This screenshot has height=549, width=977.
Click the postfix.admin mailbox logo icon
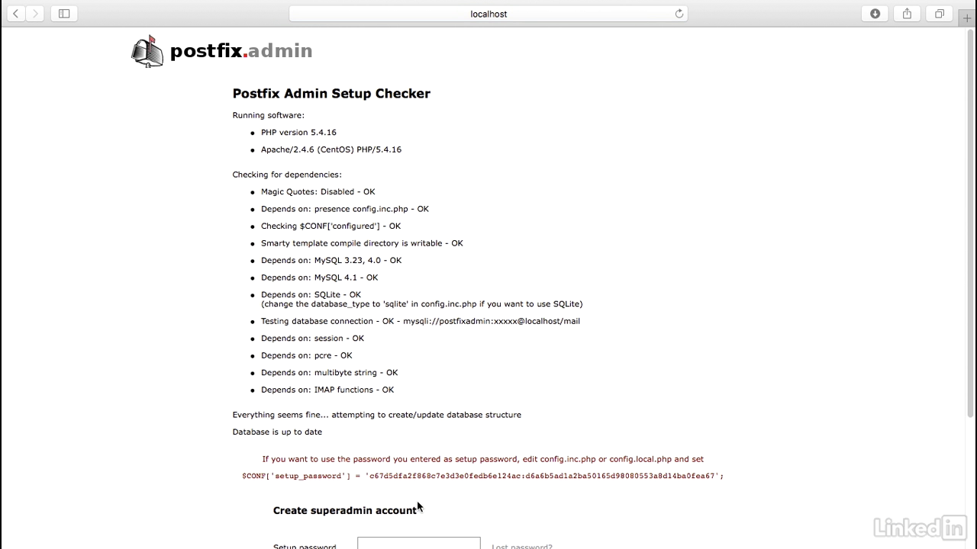pos(147,51)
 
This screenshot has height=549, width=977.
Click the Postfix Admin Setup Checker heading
pos(331,94)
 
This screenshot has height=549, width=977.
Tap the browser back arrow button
pos(15,14)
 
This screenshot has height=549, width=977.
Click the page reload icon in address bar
pos(679,14)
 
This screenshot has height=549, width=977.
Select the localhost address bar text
pos(488,14)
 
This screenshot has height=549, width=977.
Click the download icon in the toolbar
pos(875,14)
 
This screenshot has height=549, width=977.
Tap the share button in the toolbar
pos(907,14)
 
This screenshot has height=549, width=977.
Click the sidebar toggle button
pos(64,14)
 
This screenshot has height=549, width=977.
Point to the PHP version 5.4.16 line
pos(298,133)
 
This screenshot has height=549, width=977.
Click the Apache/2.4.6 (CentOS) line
pos(331,149)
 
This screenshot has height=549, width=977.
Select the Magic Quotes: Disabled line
pos(318,192)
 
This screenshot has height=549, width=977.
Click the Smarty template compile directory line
pos(362,243)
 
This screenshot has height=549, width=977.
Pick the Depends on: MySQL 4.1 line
pos(319,278)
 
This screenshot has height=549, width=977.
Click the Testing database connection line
pos(420,322)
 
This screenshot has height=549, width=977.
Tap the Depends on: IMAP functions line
pos(327,390)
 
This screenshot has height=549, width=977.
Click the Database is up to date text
pos(277,432)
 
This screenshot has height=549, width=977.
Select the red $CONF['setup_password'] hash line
pos(482,477)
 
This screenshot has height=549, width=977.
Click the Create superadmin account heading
pos(344,511)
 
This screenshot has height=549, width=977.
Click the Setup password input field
pos(418,544)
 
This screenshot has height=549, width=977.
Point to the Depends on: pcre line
pos(306,355)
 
